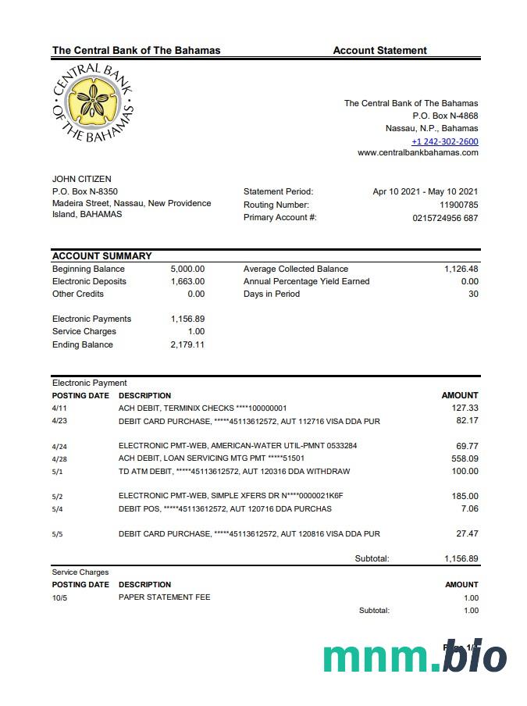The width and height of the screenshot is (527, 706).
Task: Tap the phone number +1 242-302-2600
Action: [445, 141]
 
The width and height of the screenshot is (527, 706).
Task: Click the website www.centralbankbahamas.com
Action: [418, 153]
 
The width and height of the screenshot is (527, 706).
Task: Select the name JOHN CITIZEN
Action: [82, 180]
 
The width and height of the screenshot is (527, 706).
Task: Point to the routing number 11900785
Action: [459, 205]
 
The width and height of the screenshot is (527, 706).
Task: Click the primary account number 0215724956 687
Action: [445, 218]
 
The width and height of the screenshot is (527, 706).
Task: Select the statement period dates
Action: [426, 191]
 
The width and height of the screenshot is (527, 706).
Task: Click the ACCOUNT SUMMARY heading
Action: [101, 256]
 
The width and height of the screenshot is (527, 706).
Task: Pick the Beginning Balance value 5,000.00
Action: [187, 269]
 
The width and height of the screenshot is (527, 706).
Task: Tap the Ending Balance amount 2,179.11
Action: [187, 344]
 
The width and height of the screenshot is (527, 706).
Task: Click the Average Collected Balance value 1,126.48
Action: [461, 269]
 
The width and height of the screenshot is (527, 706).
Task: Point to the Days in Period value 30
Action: [472, 294]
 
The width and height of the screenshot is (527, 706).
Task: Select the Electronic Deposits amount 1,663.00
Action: [187, 281]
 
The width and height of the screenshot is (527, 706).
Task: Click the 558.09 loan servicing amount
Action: [465, 458]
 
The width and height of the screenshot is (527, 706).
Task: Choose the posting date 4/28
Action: [59, 458]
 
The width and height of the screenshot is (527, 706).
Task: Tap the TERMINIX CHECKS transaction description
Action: [202, 408]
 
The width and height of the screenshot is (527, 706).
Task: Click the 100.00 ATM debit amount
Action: [465, 471]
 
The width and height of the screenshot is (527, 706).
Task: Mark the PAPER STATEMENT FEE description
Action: [164, 597]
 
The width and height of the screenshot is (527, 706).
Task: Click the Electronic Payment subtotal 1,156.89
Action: [461, 558]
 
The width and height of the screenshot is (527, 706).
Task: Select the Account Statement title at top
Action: [379, 51]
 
